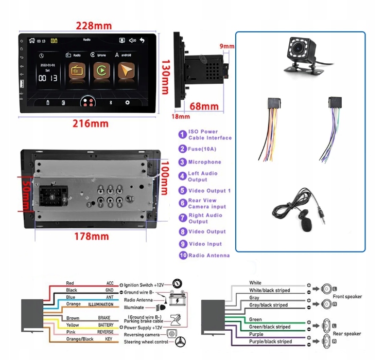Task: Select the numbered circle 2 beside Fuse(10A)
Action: (x=182, y=149)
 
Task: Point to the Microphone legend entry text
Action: (x=204, y=162)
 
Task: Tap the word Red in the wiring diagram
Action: (x=70, y=283)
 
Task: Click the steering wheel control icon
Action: (x=181, y=341)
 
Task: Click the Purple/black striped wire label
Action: (x=270, y=341)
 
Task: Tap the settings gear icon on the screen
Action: (x=128, y=103)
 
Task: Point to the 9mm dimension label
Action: (x=226, y=46)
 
